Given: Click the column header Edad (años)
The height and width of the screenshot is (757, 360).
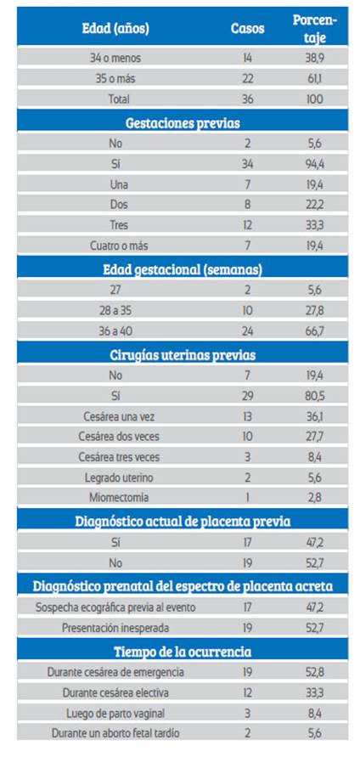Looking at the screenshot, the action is coord(115,29).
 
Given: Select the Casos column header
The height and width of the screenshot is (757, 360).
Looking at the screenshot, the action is coord(248,29).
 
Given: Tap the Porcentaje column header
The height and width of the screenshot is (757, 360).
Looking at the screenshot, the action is coord(315,29).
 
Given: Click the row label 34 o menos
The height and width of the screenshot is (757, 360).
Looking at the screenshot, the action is coord(115,58).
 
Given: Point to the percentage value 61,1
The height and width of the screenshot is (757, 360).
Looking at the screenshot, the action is coord(315,79).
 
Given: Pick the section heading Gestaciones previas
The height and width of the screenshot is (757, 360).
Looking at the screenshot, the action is coord(183,122).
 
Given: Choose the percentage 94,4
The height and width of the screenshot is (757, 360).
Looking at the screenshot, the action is coord(315,164).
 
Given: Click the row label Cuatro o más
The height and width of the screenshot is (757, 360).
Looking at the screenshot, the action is coord(119,246).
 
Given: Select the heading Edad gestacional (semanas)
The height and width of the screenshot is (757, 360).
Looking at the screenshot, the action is coord(183,269).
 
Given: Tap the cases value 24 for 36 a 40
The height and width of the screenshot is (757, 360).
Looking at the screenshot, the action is coord(248,332).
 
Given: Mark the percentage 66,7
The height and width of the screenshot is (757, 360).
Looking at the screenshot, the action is coord(315,332).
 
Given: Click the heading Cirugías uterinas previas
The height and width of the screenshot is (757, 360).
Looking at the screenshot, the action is coord(183,355).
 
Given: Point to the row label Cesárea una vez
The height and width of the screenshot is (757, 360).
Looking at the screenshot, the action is coord(119,416).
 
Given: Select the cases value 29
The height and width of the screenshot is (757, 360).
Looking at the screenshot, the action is coord(248,396).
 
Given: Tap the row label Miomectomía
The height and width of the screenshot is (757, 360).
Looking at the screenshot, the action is coord(119,497).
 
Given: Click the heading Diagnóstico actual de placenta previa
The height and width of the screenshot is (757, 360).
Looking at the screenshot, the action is coord(183,522).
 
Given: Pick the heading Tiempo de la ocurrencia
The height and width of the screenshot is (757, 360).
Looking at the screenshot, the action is coord(183,652).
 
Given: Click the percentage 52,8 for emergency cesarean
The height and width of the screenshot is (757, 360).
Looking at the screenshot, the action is coord(315,672).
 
